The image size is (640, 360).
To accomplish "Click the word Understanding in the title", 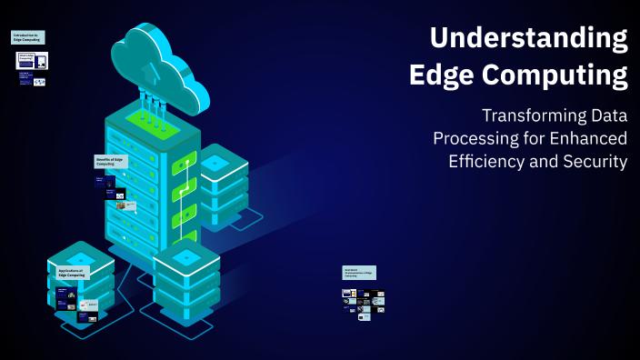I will pos(528,38).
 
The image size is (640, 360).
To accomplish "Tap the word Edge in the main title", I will pos(445,74).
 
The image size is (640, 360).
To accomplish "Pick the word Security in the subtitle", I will pos(595,162).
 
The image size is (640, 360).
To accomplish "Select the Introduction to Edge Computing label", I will pos(27,37).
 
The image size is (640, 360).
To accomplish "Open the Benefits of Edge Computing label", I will pos(111,161).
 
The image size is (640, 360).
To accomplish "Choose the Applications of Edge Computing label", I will pos(71,272).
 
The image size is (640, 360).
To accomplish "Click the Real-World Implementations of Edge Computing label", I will pos(358,272).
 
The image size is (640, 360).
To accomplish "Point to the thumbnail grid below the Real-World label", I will pos(364,305).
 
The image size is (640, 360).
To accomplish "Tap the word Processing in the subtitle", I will pos(474,139).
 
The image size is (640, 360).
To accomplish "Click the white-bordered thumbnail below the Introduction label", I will pos(33,61).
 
